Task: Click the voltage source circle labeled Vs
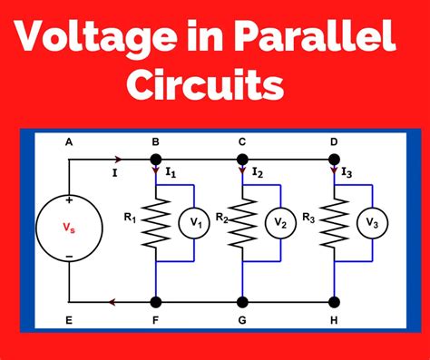coord(69,229)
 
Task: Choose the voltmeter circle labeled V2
coord(282,223)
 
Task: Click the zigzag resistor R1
coord(155,222)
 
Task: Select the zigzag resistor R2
coord(242,222)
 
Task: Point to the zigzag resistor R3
coord(333,222)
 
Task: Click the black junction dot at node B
coord(155,160)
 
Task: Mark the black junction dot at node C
coord(242,160)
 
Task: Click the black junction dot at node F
coord(155,302)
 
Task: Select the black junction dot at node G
coord(242,302)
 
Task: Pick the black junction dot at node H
coord(333,302)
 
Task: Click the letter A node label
coord(69,142)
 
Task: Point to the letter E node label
coord(69,321)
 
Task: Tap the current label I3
coord(347,172)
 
